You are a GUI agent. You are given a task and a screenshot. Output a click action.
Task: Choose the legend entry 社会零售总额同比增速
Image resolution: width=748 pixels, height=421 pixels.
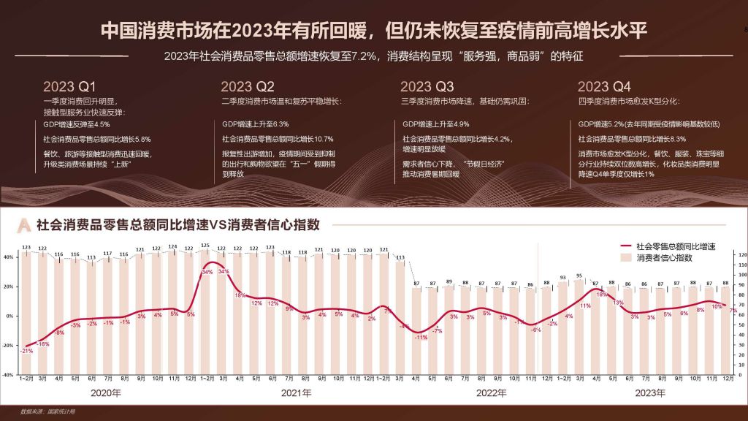(x=676, y=247)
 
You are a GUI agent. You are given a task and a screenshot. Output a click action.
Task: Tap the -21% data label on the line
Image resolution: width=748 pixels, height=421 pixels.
(x=25, y=351)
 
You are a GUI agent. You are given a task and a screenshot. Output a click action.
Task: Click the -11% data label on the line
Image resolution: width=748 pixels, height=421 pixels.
(x=421, y=337)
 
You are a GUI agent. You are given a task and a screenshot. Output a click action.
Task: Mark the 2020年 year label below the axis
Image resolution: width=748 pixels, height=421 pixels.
(x=106, y=393)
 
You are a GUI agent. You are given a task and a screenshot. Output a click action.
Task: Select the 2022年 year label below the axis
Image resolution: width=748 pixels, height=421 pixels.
(x=492, y=393)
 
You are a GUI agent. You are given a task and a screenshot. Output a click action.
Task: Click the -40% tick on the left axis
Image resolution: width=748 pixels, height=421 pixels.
(x=9, y=375)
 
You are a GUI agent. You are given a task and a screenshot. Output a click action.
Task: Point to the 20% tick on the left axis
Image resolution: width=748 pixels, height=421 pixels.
(x=9, y=287)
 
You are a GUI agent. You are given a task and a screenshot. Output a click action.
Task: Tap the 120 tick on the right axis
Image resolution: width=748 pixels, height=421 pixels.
(x=741, y=255)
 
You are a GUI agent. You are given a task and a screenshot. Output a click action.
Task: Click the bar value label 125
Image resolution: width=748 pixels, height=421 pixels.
(x=205, y=246)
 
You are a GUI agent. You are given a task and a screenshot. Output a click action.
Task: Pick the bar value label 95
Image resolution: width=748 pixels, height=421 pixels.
(x=579, y=276)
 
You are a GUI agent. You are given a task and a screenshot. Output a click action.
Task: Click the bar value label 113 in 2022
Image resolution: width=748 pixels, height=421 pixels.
(x=400, y=257)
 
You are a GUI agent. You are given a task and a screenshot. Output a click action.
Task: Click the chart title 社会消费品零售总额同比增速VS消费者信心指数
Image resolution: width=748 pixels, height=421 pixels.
(x=178, y=225)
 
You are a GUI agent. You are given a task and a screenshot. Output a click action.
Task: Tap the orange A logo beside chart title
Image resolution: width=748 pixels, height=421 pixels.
(x=25, y=225)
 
